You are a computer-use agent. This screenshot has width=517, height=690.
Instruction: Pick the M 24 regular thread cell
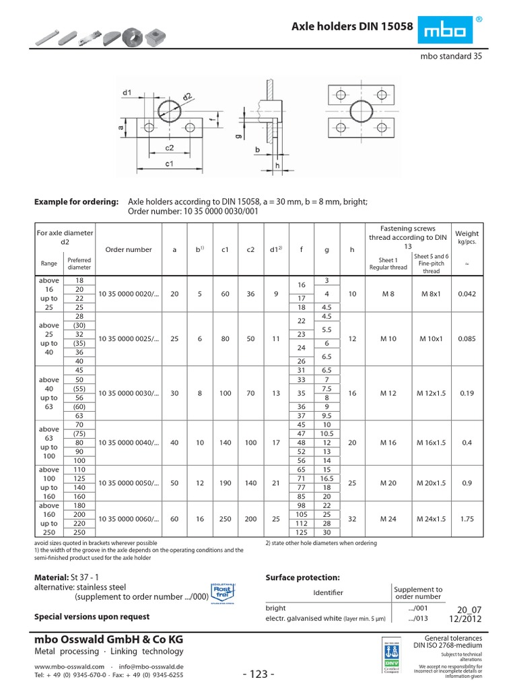pyautogui.click(x=388, y=519)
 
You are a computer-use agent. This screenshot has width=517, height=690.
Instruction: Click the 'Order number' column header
pyautogui.click(x=129, y=249)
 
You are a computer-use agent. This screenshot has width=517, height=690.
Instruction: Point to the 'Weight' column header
pyautogui.click(x=467, y=233)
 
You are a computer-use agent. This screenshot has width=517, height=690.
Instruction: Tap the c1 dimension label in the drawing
pyautogui.click(x=170, y=164)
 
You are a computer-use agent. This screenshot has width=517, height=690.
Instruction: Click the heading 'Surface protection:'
pyautogui.click(x=303, y=577)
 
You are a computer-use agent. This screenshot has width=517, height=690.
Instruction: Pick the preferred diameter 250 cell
pyautogui.click(x=79, y=532)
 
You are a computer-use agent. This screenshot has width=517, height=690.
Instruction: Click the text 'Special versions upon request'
pyautogui.click(x=92, y=617)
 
